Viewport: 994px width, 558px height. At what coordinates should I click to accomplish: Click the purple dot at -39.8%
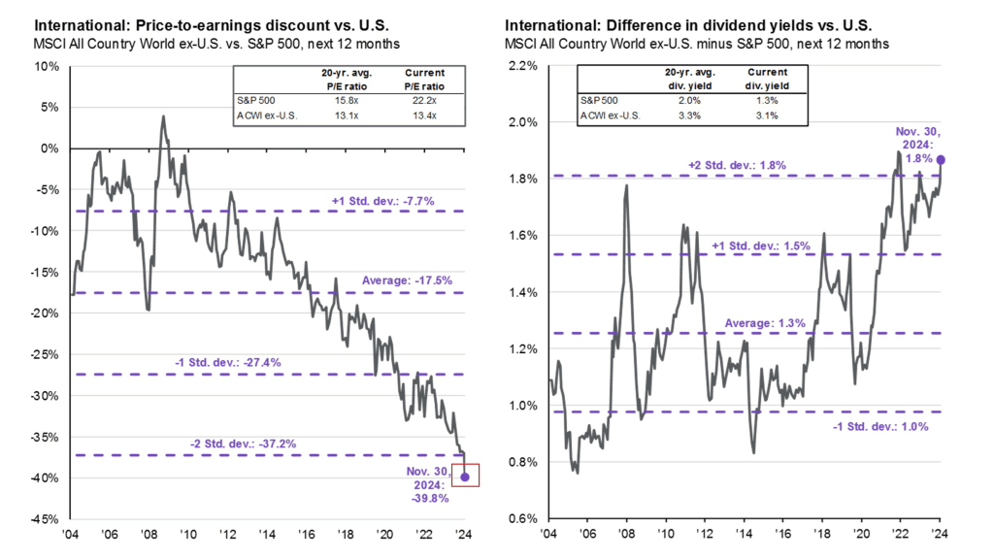click(x=465, y=476)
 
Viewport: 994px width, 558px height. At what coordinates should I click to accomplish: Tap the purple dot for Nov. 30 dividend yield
click(x=941, y=160)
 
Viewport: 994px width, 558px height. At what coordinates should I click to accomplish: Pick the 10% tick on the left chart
click(x=46, y=66)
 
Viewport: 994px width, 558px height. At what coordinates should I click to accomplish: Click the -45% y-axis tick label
click(x=44, y=517)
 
